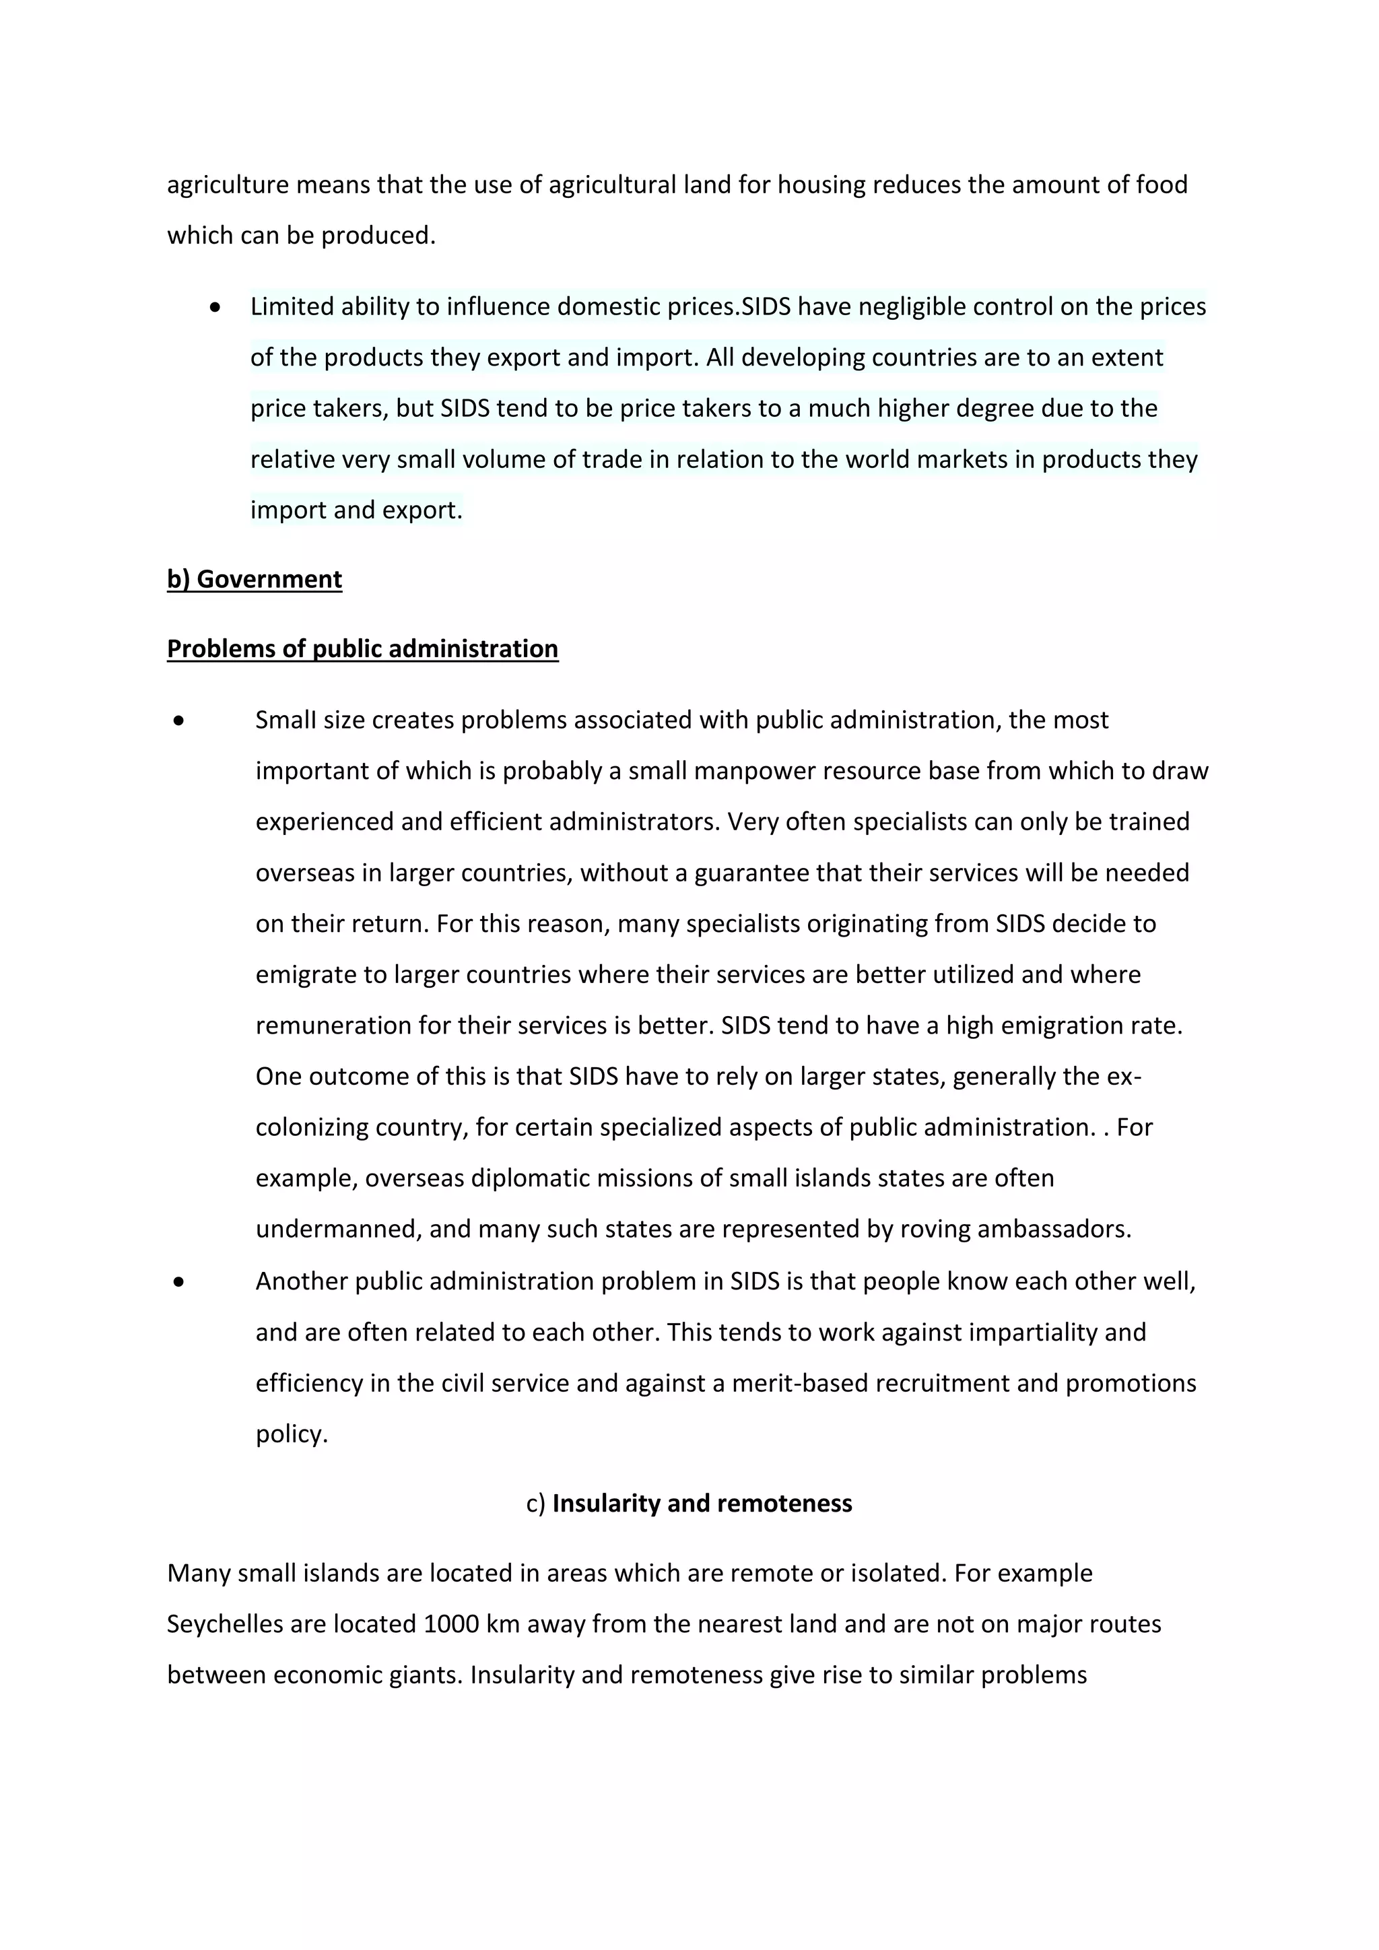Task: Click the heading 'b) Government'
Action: point(254,579)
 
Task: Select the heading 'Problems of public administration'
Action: point(362,649)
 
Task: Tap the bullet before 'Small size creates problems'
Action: point(178,720)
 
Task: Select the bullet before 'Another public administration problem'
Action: point(178,1281)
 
